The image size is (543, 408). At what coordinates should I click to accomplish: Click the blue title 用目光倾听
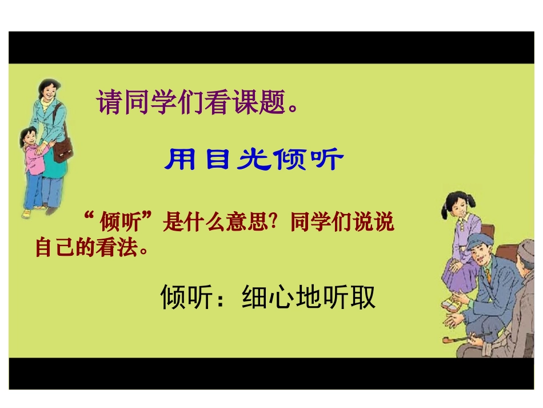point(253,161)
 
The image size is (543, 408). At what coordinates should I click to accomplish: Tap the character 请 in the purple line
point(110,103)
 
